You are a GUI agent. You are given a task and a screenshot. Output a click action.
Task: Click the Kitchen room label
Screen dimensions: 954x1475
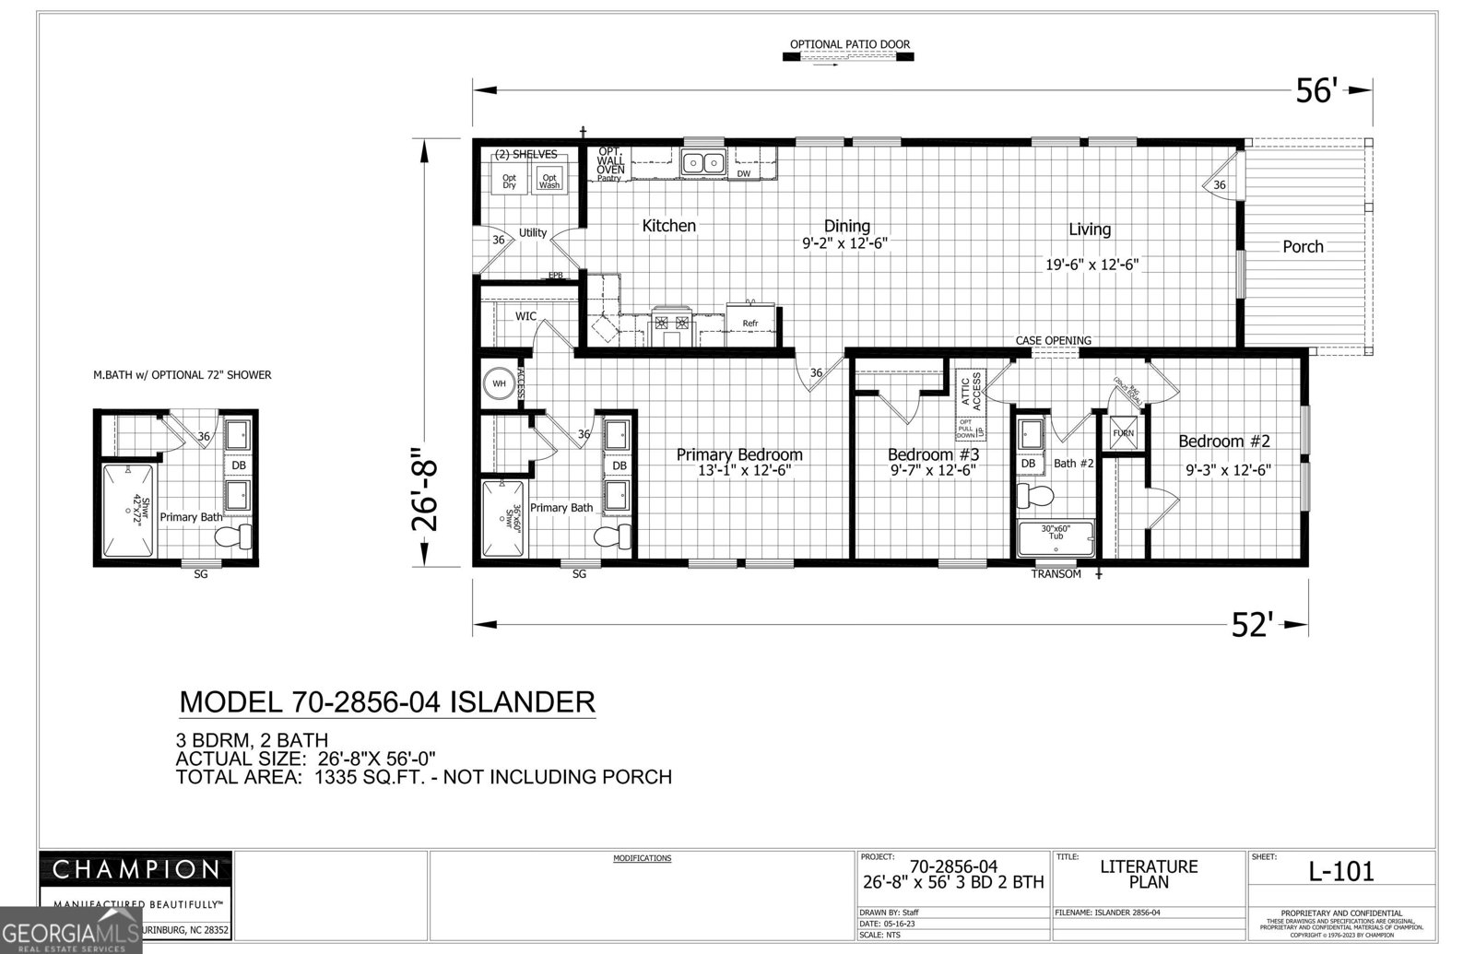[x=668, y=226]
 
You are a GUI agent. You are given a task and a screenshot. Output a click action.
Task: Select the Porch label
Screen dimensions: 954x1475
[x=1303, y=246]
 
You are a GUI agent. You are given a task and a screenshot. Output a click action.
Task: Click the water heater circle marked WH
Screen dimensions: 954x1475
[x=499, y=383]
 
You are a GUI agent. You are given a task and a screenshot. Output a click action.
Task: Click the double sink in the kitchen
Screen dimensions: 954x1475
[x=703, y=163]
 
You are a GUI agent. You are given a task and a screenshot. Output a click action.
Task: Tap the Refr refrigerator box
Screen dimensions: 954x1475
[x=750, y=323]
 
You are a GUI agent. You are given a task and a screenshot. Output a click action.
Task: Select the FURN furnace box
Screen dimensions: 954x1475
[x=1123, y=433]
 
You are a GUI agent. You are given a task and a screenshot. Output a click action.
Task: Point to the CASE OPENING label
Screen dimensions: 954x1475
[x=1053, y=340]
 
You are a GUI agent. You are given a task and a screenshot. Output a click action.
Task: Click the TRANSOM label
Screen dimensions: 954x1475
[x=1056, y=574]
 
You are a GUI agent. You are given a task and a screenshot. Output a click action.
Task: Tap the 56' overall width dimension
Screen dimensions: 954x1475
[x=1316, y=90]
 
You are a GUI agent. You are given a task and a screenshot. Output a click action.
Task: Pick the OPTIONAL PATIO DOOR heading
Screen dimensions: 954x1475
[x=849, y=44]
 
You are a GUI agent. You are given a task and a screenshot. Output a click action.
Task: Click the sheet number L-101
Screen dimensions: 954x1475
[x=1341, y=870]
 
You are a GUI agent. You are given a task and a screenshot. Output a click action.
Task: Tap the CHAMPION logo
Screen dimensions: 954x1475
[x=136, y=869]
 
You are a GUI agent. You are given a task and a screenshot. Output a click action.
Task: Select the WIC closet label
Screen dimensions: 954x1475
[x=525, y=316]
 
